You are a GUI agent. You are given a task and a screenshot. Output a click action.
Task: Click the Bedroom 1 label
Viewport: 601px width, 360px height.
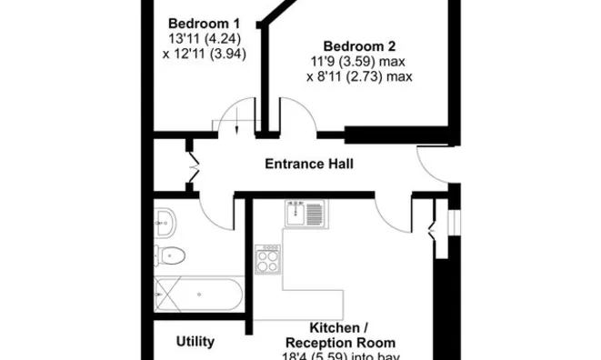[x=204, y=24]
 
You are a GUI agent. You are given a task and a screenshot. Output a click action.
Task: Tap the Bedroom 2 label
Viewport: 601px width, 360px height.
[x=359, y=46]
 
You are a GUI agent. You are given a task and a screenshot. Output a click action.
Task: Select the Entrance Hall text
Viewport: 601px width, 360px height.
[x=309, y=164]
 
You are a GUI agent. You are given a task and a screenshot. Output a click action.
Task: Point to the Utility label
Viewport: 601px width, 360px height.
[x=195, y=341]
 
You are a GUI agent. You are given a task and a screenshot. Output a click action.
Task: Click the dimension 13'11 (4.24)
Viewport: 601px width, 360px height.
[x=205, y=39]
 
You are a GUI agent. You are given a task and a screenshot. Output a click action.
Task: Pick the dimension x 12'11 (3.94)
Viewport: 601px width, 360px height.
[x=205, y=54]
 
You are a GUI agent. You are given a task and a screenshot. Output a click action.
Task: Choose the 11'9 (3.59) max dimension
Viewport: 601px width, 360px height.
[x=357, y=61]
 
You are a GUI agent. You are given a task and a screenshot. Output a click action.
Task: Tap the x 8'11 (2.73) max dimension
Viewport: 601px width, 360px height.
[x=359, y=76]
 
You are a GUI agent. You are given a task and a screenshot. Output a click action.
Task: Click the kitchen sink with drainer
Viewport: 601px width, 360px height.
[x=305, y=213]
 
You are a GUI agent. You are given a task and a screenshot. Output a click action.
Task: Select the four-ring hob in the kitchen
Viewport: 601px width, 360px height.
[x=267, y=259]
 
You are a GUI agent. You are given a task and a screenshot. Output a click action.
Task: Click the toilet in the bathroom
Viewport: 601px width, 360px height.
[x=169, y=255]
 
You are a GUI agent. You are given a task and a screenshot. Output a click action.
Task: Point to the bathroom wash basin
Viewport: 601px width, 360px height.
[x=165, y=223]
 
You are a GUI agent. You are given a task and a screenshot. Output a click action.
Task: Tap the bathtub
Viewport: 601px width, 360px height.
[x=198, y=294]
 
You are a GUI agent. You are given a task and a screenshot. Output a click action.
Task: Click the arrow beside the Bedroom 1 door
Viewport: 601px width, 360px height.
[x=236, y=121]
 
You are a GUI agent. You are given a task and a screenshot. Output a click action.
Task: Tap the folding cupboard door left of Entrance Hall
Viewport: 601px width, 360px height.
[x=195, y=166]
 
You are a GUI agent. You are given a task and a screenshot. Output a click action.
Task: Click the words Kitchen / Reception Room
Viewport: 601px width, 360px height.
[x=340, y=335]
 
